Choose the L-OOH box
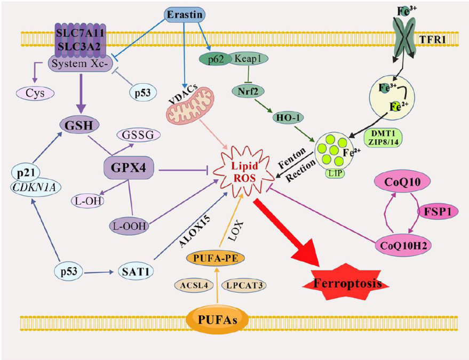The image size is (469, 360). tap(129, 226)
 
